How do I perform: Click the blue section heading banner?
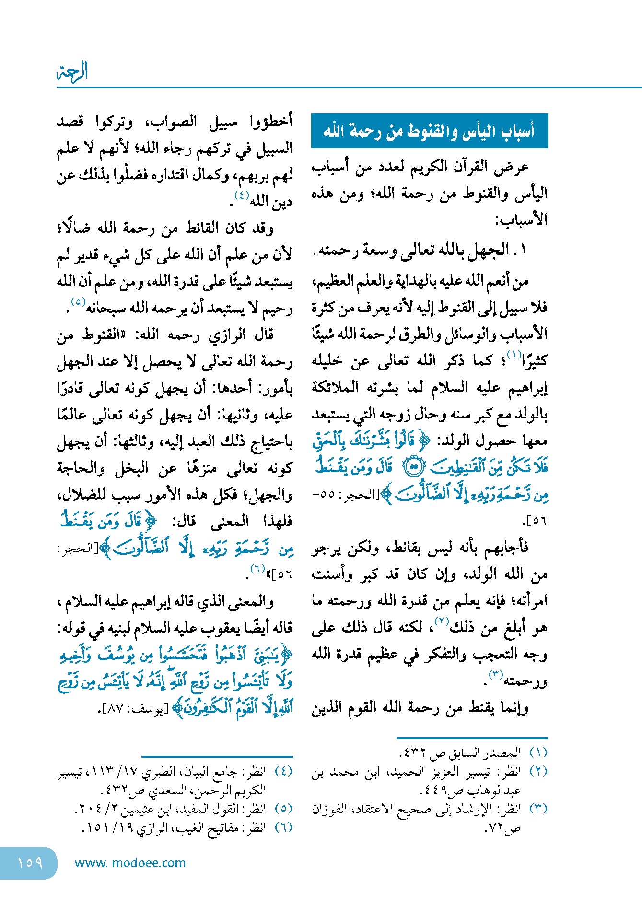(x=429, y=131)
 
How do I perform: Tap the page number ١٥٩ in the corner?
(x=30, y=863)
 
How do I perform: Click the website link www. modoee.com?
(x=130, y=863)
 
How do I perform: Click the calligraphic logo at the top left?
(x=72, y=72)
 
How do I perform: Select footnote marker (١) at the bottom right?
(x=538, y=752)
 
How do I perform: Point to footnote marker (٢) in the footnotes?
(x=538, y=771)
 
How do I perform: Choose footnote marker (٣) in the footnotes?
(x=538, y=809)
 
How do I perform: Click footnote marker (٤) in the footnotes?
(x=283, y=771)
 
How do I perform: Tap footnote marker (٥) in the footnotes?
(x=283, y=809)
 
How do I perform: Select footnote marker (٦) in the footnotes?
(x=283, y=827)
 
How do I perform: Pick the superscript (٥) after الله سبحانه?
(x=78, y=302)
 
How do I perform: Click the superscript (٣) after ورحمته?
(x=495, y=675)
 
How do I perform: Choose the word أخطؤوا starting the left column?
(x=271, y=121)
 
